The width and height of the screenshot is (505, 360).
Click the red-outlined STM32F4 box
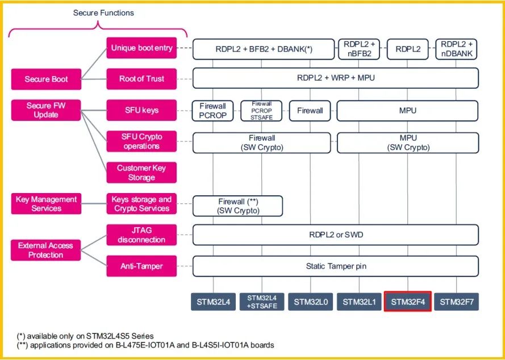tap(407, 302)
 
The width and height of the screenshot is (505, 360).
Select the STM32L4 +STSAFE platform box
tap(262, 302)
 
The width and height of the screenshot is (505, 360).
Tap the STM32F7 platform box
tap(456, 302)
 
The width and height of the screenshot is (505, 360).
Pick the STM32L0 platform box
tap(311, 302)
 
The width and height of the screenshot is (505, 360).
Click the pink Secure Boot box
tap(46, 79)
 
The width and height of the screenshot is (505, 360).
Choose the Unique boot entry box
tap(141, 48)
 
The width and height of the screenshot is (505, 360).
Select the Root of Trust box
tap(141, 79)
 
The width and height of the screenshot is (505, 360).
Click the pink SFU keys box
tap(141, 110)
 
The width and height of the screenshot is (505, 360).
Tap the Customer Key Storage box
tap(141, 173)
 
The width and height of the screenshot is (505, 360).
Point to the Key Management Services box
tap(46, 203)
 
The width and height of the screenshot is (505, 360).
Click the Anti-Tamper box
tap(141, 266)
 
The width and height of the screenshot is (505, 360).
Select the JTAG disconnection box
tap(141, 235)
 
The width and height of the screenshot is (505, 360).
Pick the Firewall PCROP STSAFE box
tap(261, 111)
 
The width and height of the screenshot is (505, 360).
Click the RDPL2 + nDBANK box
tap(456, 49)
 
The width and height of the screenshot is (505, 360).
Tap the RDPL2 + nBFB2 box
tap(359, 49)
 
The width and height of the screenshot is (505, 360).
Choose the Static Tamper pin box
tap(336, 266)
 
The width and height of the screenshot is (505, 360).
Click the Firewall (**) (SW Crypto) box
tap(237, 206)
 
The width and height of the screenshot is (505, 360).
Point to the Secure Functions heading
tap(103, 13)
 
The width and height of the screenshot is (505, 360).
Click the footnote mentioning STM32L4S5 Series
tap(86, 336)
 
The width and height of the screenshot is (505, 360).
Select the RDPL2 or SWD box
tap(336, 235)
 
